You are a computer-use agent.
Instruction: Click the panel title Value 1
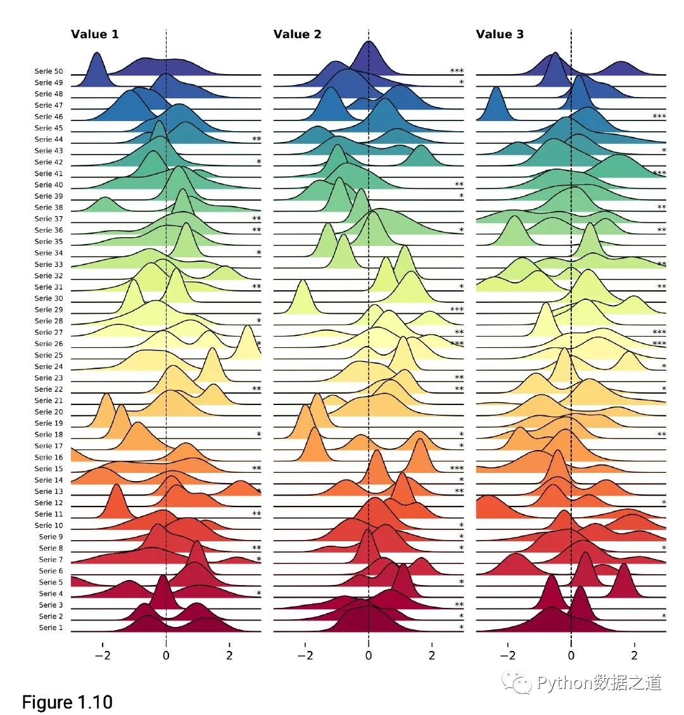(x=94, y=34)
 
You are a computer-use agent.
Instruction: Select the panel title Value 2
(x=297, y=34)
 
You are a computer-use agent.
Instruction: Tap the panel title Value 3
(x=500, y=34)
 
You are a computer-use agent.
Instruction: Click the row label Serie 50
(x=49, y=71)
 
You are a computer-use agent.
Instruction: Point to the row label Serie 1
(x=51, y=628)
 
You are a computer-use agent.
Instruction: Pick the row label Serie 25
(x=49, y=355)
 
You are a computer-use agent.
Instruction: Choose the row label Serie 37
(x=49, y=219)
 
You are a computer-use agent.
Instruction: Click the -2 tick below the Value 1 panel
(x=103, y=655)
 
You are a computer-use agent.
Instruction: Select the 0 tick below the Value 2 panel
(x=369, y=655)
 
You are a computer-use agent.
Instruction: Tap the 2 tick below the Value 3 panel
(x=635, y=655)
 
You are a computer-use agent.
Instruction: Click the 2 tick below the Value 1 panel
(x=229, y=655)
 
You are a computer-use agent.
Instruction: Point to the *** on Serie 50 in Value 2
(x=457, y=71)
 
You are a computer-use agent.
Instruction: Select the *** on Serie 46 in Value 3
(x=659, y=117)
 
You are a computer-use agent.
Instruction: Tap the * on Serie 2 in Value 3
(x=664, y=616)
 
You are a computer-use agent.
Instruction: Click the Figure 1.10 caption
(x=67, y=702)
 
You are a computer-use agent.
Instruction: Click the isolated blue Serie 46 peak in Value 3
(x=497, y=105)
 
